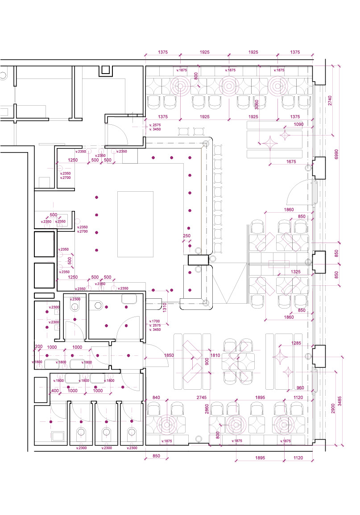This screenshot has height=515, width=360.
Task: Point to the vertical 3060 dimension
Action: (x=256, y=105)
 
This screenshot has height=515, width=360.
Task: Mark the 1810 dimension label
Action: (x=215, y=355)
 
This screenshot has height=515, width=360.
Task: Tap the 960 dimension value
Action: (x=299, y=388)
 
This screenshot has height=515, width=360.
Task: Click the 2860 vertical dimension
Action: (x=207, y=410)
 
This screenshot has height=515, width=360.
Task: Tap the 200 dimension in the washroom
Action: (x=39, y=346)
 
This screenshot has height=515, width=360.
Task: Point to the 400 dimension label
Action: (x=55, y=391)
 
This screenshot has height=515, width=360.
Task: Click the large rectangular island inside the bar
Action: (x=135, y=224)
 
